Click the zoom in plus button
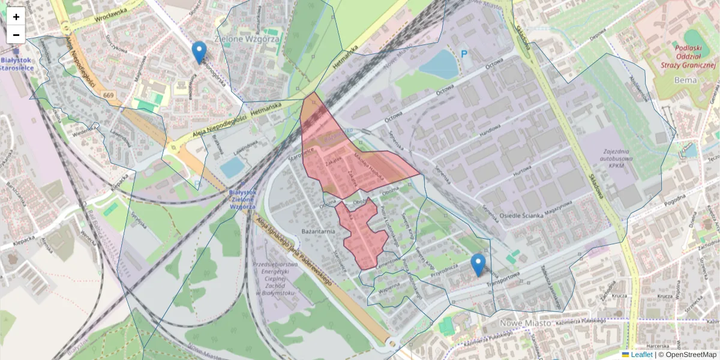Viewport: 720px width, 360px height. coord(16,17)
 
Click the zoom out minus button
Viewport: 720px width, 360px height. coord(16,35)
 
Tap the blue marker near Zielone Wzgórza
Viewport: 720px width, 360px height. coord(199,52)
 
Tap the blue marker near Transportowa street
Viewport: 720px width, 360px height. coord(478,265)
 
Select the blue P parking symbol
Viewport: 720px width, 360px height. coord(463,54)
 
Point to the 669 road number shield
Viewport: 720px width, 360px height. coord(109,95)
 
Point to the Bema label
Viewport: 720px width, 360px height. coord(685,79)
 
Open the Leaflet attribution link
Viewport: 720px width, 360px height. coord(641,355)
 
